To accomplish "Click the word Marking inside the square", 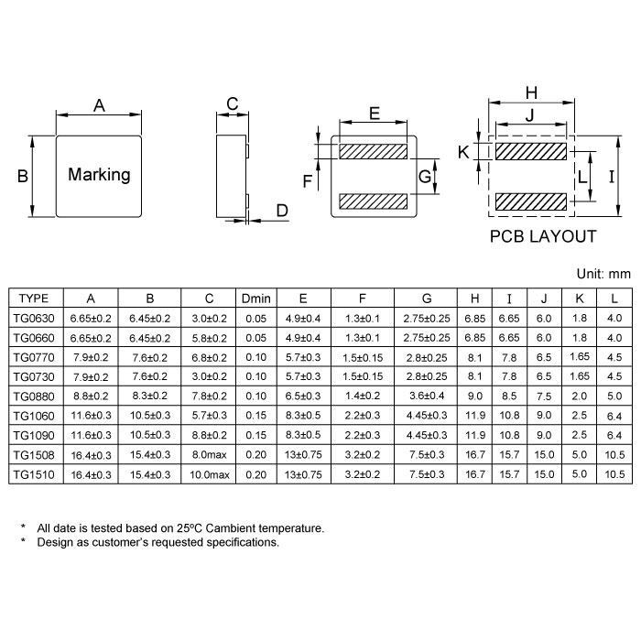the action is [99, 175].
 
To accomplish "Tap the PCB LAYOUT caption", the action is [543, 236].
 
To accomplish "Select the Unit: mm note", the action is [603, 273].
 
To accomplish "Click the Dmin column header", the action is [255, 299].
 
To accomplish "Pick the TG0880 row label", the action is [35, 396].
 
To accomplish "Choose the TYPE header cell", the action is [35, 299].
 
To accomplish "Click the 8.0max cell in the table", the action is [209, 454].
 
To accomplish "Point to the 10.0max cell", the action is [209, 474].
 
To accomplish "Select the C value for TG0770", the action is [209, 357].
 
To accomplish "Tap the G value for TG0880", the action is [427, 396].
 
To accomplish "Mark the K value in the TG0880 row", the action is [579, 396].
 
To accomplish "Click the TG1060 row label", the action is [35, 416].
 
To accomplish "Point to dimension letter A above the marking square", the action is [99, 106].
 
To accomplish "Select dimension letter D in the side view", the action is [282, 212].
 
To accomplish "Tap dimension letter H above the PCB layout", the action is [531, 92].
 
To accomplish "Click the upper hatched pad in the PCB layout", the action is [531, 152].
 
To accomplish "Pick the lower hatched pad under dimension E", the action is [374, 201].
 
